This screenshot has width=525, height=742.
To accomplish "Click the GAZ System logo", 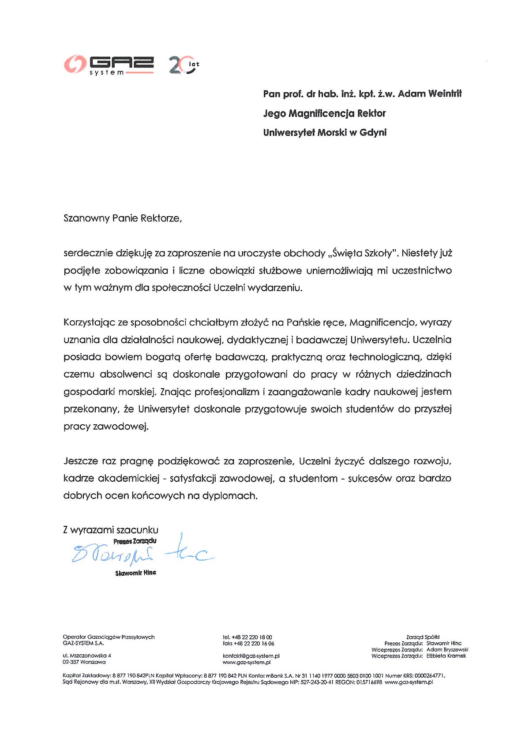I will coord(109,65).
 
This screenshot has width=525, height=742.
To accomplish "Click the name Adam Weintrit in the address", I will coord(430,94).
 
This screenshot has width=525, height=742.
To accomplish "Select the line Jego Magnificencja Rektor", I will coord(324,113).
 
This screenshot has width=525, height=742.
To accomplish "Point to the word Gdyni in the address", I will coord(373,132).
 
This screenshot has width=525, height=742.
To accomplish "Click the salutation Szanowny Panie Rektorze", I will coord(122,218).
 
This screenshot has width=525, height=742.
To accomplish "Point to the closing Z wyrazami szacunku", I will coord(110,530).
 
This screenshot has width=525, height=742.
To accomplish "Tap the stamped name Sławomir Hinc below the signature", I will coord(135,573).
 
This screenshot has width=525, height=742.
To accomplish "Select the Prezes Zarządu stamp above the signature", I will coord(135,541).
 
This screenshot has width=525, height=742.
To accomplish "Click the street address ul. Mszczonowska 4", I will coord(87,656).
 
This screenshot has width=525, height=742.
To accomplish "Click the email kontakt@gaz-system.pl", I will coord(251,656).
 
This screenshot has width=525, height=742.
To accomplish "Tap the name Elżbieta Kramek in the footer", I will coord(446,656).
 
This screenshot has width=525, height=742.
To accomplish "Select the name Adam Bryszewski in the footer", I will coord(447,650).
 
